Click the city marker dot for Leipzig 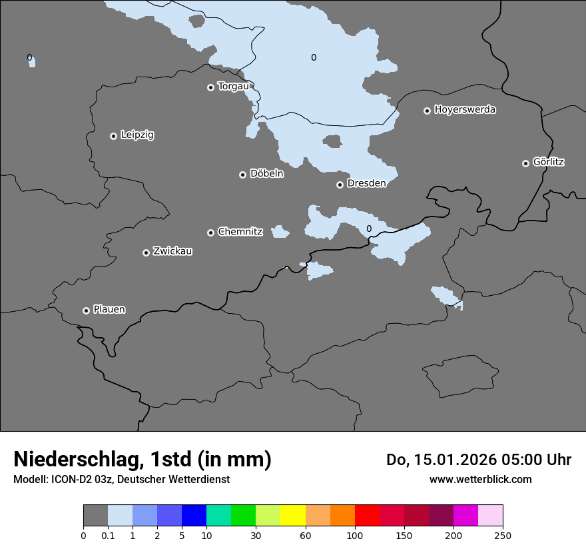113,136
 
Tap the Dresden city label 366,183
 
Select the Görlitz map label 549,162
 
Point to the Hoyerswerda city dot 427,111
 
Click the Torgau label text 233,87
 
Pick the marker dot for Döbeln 242,175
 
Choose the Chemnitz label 240,232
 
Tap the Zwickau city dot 146,253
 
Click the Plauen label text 109,310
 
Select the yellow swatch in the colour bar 293,516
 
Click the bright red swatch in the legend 367,516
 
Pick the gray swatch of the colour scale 95,516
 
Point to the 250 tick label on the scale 503,535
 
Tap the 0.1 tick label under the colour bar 108,535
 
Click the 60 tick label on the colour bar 306,535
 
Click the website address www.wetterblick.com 480,479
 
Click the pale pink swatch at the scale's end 491,516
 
